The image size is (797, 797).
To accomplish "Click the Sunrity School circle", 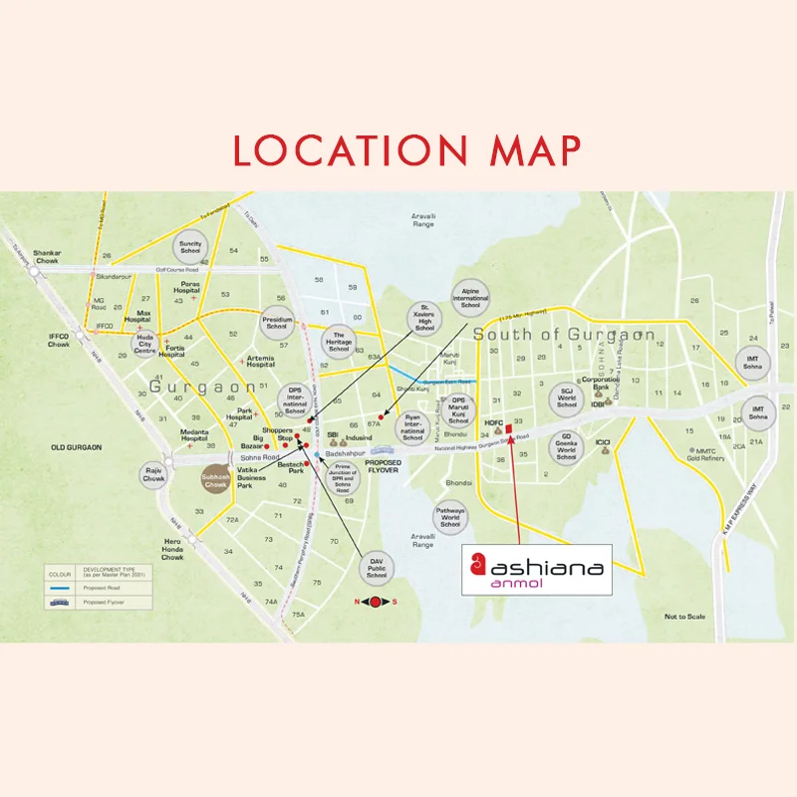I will click(x=190, y=244).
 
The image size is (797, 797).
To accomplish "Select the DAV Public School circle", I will click(x=376, y=567).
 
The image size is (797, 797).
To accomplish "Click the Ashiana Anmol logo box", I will click(x=537, y=570).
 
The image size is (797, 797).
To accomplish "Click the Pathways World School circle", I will click(x=450, y=517).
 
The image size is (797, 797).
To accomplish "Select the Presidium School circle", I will click(x=277, y=323).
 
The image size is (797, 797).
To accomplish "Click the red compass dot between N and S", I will click(x=375, y=602).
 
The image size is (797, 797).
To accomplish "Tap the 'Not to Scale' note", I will click(x=684, y=617).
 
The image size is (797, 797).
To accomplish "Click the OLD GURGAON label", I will click(x=77, y=447).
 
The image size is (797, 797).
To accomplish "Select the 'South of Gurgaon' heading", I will click(x=563, y=334).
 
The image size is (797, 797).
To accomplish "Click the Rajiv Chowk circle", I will click(x=152, y=472).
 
